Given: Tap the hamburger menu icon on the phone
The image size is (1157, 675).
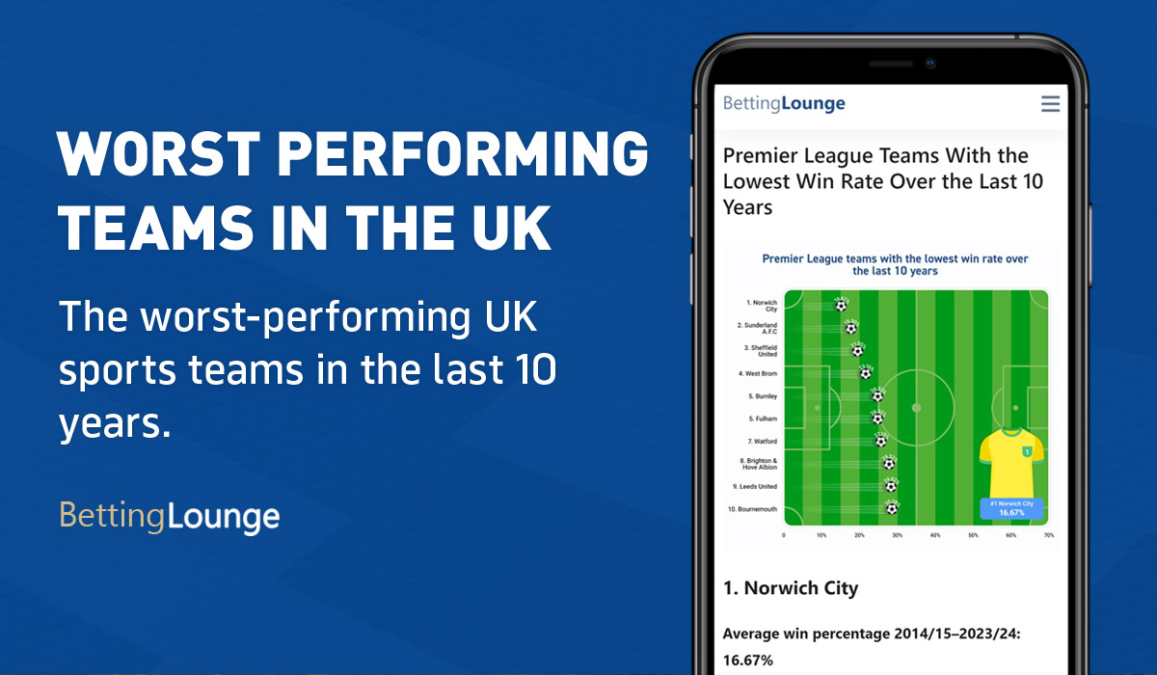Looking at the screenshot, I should [x=1050, y=104].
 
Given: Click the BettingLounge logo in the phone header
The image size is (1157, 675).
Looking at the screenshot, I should [x=784, y=103].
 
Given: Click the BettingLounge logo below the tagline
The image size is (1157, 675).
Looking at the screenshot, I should [x=170, y=517].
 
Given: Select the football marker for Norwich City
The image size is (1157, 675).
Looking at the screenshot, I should [x=841, y=305].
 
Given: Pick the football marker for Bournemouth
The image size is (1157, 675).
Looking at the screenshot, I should [x=892, y=507].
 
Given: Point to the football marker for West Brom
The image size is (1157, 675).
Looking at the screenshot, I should [x=866, y=372].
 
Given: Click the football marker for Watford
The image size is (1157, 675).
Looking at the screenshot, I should [x=880, y=440].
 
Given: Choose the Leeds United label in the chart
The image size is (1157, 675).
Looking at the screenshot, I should [x=756, y=486].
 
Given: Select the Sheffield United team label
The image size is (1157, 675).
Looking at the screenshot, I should [x=761, y=350].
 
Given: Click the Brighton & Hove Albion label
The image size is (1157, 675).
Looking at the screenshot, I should [x=758, y=464].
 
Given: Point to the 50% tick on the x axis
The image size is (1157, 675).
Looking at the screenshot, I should [x=973, y=535].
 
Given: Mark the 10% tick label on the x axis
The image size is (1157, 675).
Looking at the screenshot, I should [x=821, y=535].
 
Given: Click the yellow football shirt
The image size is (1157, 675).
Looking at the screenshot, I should [x=1011, y=462].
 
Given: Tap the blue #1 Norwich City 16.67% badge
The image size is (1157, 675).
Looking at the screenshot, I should [x=1011, y=508].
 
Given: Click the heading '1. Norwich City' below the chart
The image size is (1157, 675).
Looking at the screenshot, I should [x=791, y=587].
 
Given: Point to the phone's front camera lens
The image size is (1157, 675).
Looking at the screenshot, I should [x=931, y=64].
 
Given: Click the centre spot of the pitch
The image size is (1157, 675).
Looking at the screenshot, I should [x=915, y=407].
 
